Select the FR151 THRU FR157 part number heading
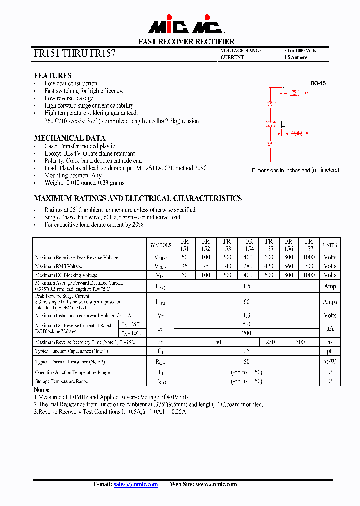(x=75, y=53)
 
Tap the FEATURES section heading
(x=52, y=76)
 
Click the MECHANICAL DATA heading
(x=69, y=138)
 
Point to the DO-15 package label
(x=318, y=84)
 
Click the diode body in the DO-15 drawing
(x=283, y=124)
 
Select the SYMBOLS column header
(x=160, y=245)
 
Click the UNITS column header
(x=330, y=245)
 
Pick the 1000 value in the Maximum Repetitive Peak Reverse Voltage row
(x=309, y=257)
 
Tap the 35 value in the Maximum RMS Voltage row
(x=185, y=266)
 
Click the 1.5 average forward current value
(x=246, y=286)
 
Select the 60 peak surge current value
(x=246, y=302)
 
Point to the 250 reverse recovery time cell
(x=270, y=342)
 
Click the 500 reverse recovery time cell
(x=300, y=342)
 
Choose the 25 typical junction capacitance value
(x=246, y=351)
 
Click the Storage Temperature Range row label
(x=61, y=381)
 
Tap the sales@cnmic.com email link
(x=136, y=484)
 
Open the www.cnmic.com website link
(x=216, y=484)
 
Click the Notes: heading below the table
(x=42, y=390)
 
